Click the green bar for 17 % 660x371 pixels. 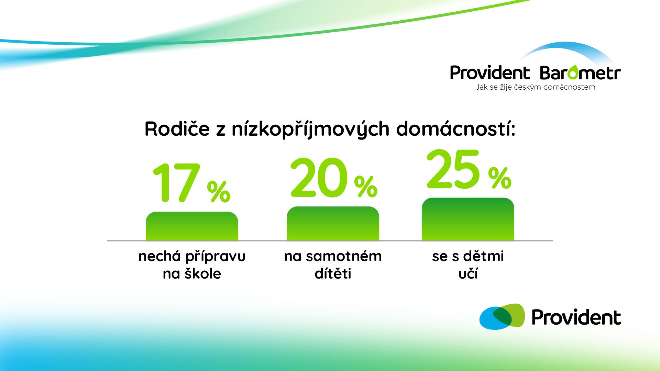click(x=192, y=226)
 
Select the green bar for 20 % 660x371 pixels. click(x=333, y=223)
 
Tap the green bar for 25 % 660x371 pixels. click(x=468, y=219)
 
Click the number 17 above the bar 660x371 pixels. click(x=176, y=182)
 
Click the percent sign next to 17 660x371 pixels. click(x=219, y=192)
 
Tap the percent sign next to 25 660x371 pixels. click(x=500, y=178)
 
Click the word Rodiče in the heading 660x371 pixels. click(x=177, y=129)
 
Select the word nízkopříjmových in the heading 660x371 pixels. click(x=310, y=130)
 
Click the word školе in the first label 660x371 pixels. click(x=203, y=273)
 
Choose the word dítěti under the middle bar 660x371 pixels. click(x=333, y=273)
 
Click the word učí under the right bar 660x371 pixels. click(x=468, y=273)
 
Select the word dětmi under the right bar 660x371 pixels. click(x=483, y=256)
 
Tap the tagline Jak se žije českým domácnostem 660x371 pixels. click(x=536, y=87)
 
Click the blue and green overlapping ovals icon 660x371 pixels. click(x=502, y=316)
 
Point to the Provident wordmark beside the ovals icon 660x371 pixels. click(x=576, y=317)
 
